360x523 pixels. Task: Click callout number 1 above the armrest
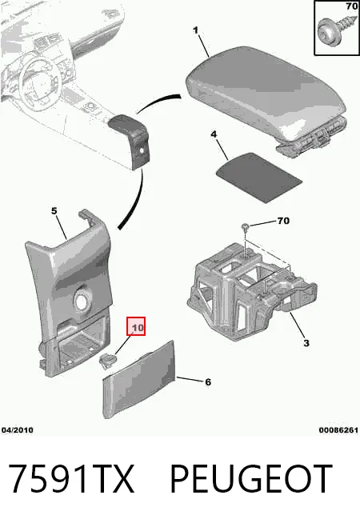point(195,30)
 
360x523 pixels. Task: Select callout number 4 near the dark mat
point(214,134)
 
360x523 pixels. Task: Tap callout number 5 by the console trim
point(54,211)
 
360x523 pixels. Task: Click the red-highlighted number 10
point(136,326)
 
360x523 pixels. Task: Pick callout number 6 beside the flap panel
point(208,382)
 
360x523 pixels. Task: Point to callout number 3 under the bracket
point(306,342)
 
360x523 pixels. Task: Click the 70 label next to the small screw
point(283,221)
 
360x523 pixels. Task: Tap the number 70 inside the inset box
point(352,6)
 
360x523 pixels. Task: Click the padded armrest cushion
point(266,95)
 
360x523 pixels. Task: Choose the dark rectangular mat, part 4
point(259,178)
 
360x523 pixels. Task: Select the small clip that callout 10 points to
point(107,361)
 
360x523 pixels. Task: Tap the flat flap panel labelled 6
point(139,380)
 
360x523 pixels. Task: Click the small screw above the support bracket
point(246,228)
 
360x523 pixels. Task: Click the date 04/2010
point(18,430)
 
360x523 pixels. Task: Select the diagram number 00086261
point(338,430)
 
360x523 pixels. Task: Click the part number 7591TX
point(70,479)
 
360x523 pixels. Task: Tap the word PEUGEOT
point(251,479)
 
